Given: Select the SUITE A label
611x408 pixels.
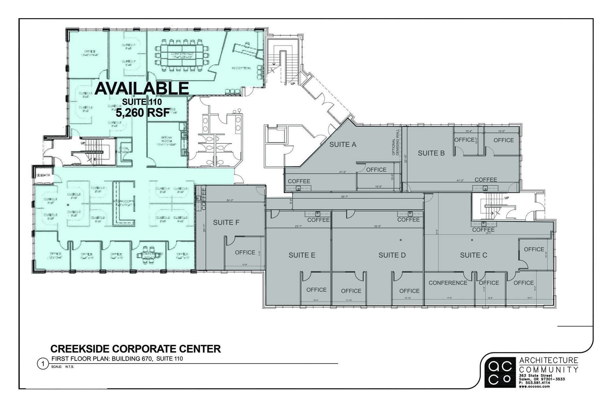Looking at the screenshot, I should (343, 145).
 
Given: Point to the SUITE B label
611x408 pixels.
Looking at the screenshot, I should (431, 153).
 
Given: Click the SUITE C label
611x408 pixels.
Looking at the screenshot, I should (473, 255).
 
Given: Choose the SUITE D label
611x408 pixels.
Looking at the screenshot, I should (392, 255).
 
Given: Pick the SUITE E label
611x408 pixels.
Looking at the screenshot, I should (302, 255).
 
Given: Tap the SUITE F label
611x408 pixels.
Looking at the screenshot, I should (226, 222).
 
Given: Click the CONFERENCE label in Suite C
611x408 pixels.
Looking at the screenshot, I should (448, 283).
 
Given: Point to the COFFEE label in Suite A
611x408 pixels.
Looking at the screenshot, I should (299, 181).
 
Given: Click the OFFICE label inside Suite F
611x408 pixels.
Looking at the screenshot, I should (245, 252).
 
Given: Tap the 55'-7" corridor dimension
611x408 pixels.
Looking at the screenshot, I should (345, 197).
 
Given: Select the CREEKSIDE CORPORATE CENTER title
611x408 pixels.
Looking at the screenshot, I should (136, 349).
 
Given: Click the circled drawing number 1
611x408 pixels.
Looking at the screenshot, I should (43, 364).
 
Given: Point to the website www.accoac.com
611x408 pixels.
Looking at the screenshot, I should (534, 386).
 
